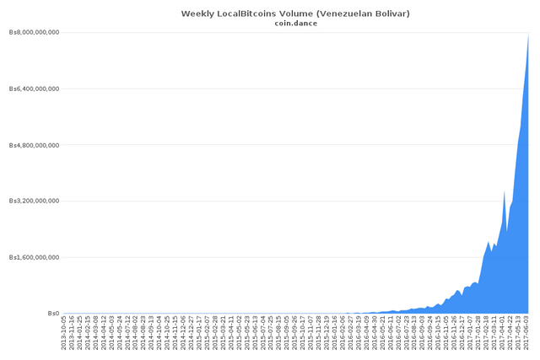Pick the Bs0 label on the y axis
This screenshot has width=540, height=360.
pyautogui.click(x=53, y=313)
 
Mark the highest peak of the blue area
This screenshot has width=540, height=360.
pyautogui.click(x=528, y=35)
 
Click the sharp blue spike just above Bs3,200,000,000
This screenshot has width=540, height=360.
pyautogui.click(x=505, y=191)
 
